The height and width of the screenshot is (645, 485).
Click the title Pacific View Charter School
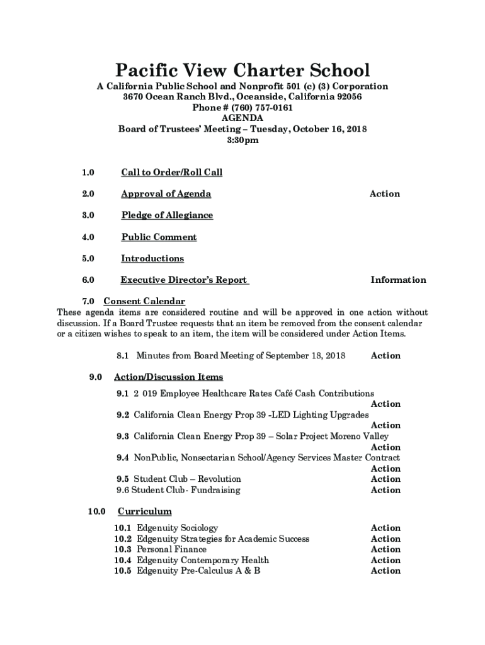pos(243,70)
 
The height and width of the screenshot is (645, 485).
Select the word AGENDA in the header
pos(243,118)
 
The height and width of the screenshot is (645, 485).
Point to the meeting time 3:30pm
pos(243,140)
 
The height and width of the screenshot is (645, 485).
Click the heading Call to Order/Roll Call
pos(171,173)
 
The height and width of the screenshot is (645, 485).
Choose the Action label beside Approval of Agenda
pos(384,194)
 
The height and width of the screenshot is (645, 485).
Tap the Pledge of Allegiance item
pos(167,215)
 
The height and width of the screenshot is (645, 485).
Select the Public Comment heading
pos(159,237)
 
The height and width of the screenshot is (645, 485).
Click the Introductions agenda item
pos(152,259)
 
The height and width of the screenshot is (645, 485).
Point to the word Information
pos(398,280)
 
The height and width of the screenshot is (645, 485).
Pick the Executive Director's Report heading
pos(184,280)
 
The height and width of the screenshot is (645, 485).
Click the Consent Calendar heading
pos(144,302)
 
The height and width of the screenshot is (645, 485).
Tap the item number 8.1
pos(123,356)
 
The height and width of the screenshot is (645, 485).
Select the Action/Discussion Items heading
pos(168,377)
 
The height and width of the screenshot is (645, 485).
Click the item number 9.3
pos(123,437)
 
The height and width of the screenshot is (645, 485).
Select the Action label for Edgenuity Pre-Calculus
pos(385,571)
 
